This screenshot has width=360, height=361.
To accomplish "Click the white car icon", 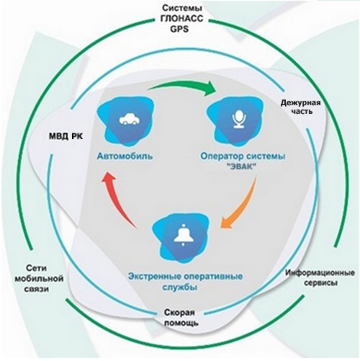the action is click(x=130, y=120).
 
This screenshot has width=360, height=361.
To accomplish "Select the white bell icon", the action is click(x=184, y=235).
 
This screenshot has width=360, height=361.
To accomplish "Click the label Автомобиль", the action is click(x=125, y=156).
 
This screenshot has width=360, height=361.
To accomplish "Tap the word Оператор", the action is click(x=220, y=156).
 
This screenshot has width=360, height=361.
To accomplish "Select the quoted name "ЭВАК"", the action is click(x=240, y=166).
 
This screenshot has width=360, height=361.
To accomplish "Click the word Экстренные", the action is click(x=154, y=277).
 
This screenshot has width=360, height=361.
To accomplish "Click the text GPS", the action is click(x=179, y=29).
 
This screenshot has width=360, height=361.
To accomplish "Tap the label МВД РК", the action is click(x=66, y=136).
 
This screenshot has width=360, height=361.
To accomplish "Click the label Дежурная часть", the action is click(x=301, y=107).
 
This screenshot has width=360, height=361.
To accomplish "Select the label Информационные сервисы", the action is click(x=320, y=278).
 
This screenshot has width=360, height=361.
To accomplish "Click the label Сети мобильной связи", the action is click(x=39, y=279).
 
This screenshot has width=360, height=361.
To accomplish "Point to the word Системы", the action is click(x=182, y=8).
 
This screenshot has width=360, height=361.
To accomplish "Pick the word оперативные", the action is click(x=213, y=277).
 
